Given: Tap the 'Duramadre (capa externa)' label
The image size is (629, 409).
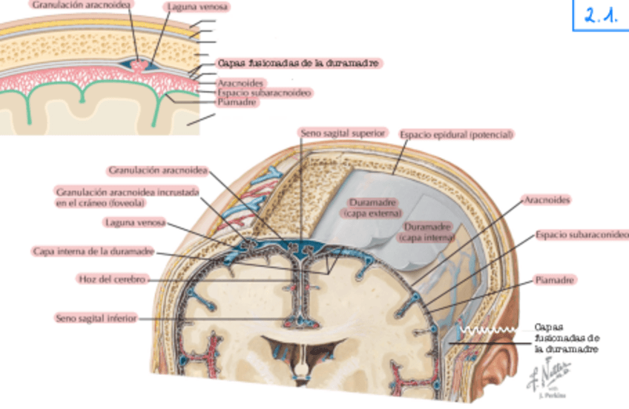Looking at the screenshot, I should click(x=372, y=207).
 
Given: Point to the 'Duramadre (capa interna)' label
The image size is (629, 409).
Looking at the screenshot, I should click(x=427, y=232).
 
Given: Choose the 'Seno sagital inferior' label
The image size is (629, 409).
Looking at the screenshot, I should click(x=96, y=318).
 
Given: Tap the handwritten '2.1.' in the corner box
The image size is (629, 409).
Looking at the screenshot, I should click(x=601, y=16).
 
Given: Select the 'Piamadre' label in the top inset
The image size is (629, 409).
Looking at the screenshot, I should click(x=237, y=102).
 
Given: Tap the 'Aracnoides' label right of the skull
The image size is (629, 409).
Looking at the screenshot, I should click(x=547, y=200).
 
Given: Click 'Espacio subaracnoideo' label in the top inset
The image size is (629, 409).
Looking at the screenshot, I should click(x=264, y=93).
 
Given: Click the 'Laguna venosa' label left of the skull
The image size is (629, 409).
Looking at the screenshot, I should click(x=135, y=222).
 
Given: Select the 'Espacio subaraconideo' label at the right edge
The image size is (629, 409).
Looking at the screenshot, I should click(x=582, y=235).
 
